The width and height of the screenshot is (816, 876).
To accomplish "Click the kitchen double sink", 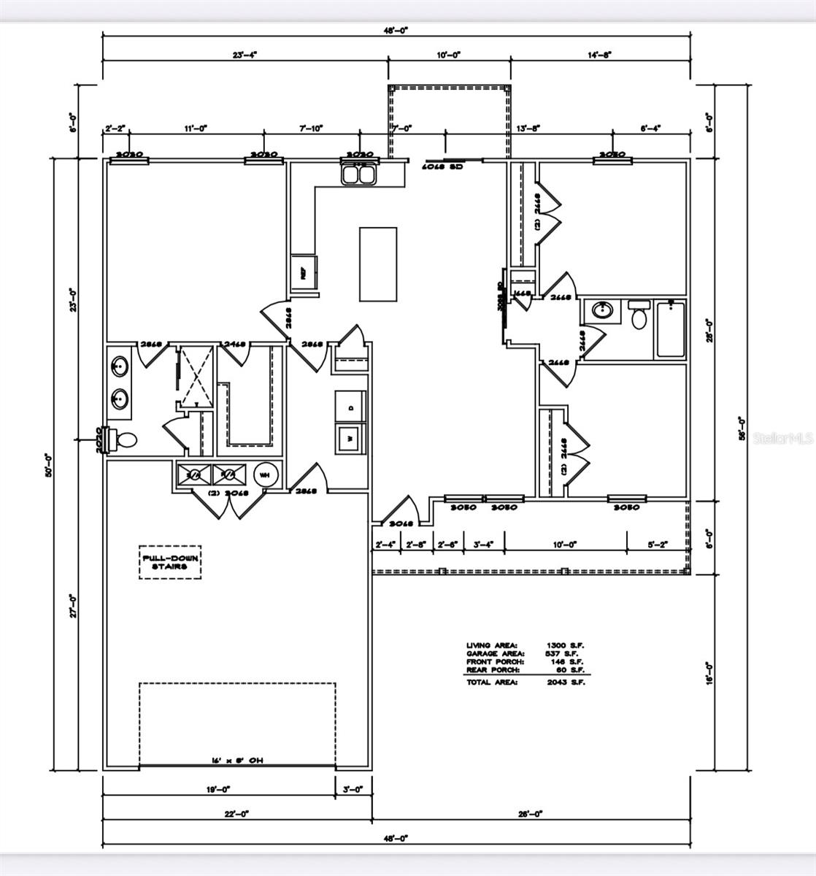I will pyautogui.click(x=358, y=174).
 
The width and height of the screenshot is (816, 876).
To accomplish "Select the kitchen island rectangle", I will pyautogui.click(x=378, y=264).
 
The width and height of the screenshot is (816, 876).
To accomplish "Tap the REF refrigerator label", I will pyautogui.click(x=302, y=274).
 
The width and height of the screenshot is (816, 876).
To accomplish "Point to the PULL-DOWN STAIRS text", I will pyautogui.click(x=169, y=562).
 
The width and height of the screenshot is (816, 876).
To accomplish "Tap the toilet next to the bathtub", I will pyautogui.click(x=639, y=316).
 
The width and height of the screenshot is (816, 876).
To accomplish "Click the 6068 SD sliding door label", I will pyautogui.click(x=443, y=166).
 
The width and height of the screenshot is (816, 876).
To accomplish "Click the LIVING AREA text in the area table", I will pyautogui.click(x=493, y=645).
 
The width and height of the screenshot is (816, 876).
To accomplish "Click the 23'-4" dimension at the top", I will pyautogui.click(x=245, y=55).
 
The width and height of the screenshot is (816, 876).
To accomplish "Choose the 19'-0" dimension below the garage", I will pyautogui.click(x=218, y=789).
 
